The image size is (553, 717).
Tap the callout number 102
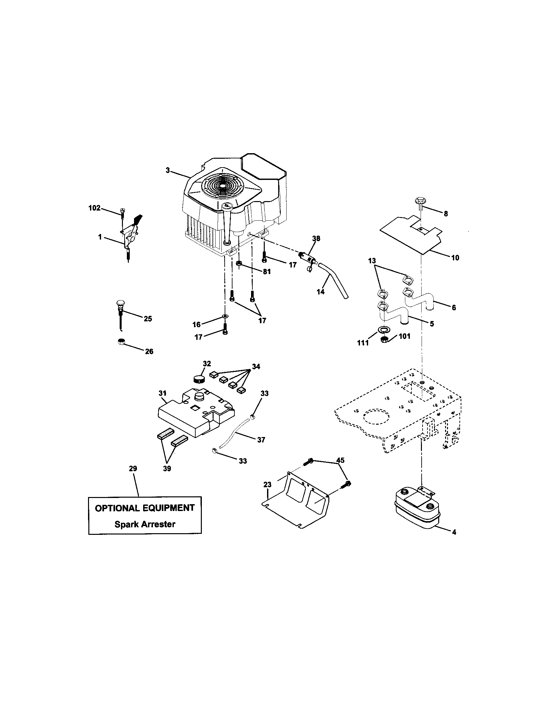click(95, 208)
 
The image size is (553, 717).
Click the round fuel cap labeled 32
click(198, 379)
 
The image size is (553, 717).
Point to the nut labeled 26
click(121, 342)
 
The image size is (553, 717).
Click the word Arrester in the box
click(159, 524)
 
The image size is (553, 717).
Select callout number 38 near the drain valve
click(316, 238)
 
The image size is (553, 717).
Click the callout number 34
click(256, 366)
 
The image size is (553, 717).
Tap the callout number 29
click(133, 468)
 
